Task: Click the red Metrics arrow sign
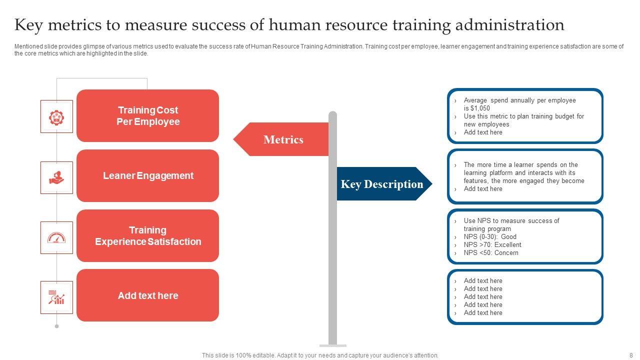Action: pyautogui.click(x=281, y=139)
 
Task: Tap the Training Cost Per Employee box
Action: pyautogui.click(x=147, y=115)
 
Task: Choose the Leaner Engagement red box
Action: pyautogui.click(x=147, y=175)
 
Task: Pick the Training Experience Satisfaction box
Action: pyautogui.click(x=147, y=235)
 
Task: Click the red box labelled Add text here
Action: pyautogui.click(x=147, y=295)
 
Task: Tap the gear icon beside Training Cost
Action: pyautogui.click(x=56, y=117)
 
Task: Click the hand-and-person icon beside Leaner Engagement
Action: pyautogui.click(x=56, y=177)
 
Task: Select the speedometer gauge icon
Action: pyautogui.click(x=56, y=237)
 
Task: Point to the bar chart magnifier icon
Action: pyautogui.click(x=56, y=297)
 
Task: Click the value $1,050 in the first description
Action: pyautogui.click(x=480, y=108)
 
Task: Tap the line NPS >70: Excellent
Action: pyautogui.click(x=492, y=245)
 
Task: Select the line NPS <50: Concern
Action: pyautogui.click(x=491, y=253)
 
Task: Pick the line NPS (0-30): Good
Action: pyautogui.click(x=490, y=237)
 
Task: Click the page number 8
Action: pyautogui.click(x=631, y=355)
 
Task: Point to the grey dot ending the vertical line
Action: pyautogui.click(x=56, y=326)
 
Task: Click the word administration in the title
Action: pyautogui.click(x=509, y=25)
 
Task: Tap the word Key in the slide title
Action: pyautogui.click(x=28, y=25)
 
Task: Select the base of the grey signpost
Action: pyautogui.click(x=333, y=345)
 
